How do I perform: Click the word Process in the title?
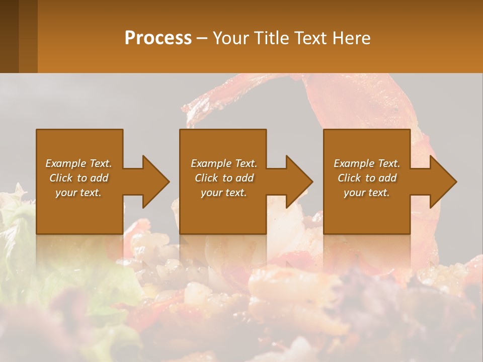click(x=158, y=38)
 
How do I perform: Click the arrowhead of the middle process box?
click(x=299, y=182)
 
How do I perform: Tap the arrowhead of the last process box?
click(x=443, y=182)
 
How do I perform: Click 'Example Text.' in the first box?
click(x=78, y=163)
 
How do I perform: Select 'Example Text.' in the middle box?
click(x=223, y=163)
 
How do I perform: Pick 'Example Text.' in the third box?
click(x=367, y=163)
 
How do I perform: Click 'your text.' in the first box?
click(x=78, y=193)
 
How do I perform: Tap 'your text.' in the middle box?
click(x=223, y=193)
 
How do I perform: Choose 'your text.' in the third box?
click(x=367, y=193)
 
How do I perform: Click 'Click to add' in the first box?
click(x=78, y=178)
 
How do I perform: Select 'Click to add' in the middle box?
click(x=223, y=178)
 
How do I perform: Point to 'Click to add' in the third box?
click(x=367, y=178)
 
